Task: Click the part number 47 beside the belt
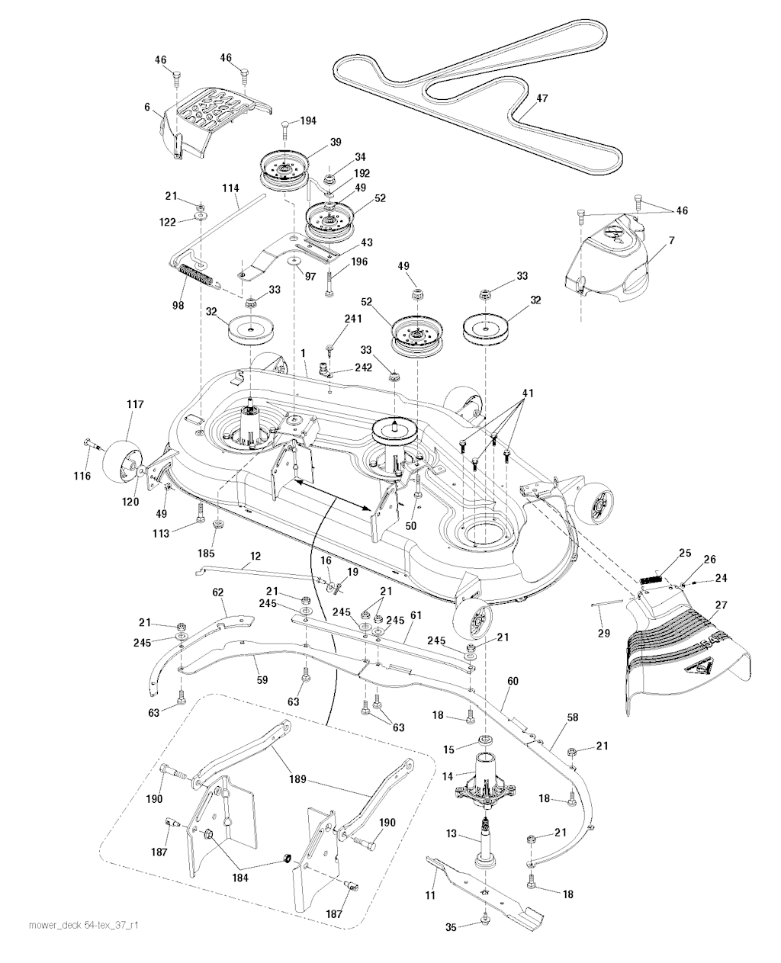pos(542,98)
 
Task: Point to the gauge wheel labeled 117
pos(119,457)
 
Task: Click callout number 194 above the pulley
pos(308,120)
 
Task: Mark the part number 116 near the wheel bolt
pos(82,476)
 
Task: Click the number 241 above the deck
pos(352,319)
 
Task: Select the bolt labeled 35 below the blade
pos(484,924)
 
